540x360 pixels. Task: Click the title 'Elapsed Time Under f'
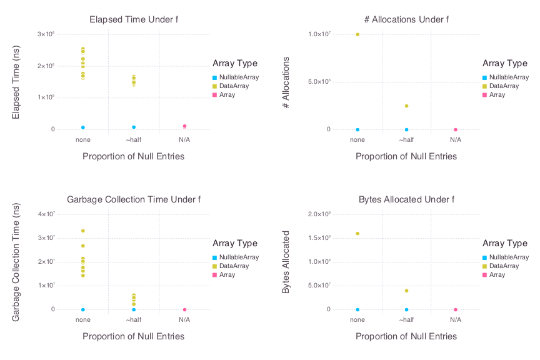(x=134, y=19)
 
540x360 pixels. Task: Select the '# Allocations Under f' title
(x=406, y=19)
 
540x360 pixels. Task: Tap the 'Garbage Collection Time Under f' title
(x=134, y=199)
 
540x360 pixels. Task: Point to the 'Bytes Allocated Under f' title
(x=406, y=199)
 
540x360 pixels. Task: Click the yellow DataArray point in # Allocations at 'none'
(x=357, y=34)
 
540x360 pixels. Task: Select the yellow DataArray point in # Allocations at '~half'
(x=406, y=106)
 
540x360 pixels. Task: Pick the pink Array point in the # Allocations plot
(x=456, y=129)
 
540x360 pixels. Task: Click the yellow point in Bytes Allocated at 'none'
(x=357, y=233)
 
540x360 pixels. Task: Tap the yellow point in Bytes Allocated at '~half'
(x=406, y=291)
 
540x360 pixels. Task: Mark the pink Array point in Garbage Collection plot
(x=184, y=309)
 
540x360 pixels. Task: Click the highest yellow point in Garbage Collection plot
(x=82, y=231)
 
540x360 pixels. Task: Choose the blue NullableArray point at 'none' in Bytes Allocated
(x=357, y=309)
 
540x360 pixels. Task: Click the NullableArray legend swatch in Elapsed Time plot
(x=214, y=77)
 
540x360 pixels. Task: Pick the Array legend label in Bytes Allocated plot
(x=497, y=275)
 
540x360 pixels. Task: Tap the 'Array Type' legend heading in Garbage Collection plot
(x=234, y=243)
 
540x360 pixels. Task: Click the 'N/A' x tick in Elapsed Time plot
(x=184, y=140)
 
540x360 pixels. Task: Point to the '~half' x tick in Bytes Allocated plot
(x=406, y=320)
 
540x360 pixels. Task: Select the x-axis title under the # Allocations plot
(x=406, y=156)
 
